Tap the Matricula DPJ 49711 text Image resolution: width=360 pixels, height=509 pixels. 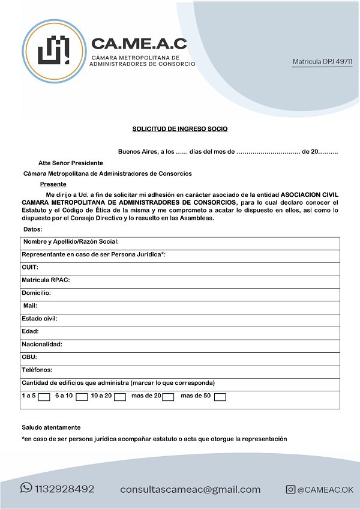coord(322,62)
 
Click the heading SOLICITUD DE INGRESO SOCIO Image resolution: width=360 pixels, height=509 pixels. coord(180,129)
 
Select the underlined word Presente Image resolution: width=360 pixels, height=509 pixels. coord(53,184)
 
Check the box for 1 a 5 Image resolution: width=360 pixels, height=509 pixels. coord(44,397)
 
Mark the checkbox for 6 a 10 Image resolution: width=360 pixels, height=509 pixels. coord(82,397)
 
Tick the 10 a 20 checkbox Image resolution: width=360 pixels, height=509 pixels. coord(120,397)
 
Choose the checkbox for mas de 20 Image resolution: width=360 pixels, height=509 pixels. coord(168,397)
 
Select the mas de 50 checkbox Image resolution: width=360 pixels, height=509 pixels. coord(220,397)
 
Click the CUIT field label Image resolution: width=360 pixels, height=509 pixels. coord(30,267)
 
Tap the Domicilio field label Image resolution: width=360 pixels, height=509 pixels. coord(36,293)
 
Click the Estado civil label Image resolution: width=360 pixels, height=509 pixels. coord(40,319)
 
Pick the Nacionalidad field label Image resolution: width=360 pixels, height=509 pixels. coord(42,345)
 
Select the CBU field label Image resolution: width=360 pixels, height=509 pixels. coord(29,357)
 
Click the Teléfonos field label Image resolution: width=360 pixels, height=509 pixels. coord(37,370)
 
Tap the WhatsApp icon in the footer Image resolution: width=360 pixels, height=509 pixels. coord(26,488)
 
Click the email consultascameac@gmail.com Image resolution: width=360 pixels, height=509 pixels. coord(190,489)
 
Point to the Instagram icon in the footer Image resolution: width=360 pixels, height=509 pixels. coord(290,490)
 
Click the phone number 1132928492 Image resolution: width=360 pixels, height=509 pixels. coord(65,489)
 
